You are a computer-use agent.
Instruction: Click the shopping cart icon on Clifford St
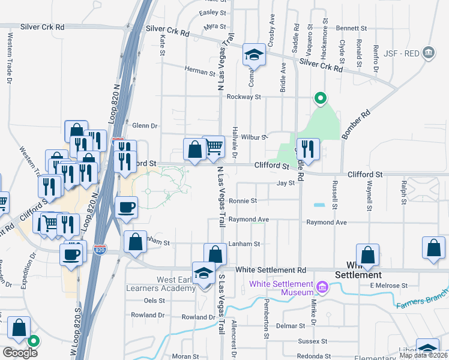[214, 146]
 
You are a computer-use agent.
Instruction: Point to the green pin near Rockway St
[321, 98]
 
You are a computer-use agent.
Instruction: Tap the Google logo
[20, 353]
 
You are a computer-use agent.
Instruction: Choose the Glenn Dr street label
[145, 126]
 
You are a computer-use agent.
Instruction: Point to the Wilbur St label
[254, 137]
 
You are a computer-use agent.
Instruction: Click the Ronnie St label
[243, 201]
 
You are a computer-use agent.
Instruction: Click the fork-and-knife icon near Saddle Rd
[308, 149]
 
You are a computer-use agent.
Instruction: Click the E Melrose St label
[388, 286]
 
